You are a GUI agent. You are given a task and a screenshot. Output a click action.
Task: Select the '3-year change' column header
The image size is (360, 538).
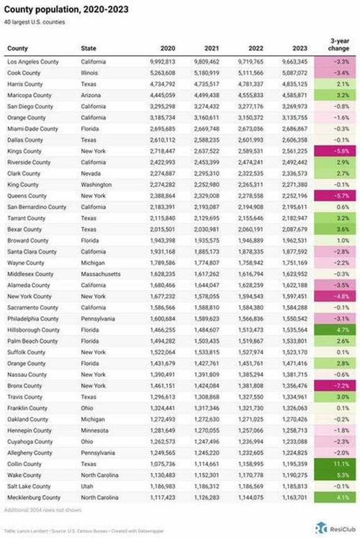coord(339,45)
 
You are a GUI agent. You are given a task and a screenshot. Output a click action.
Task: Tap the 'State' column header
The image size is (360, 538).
coord(89,48)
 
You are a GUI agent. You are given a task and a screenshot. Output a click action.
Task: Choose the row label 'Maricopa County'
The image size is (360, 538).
coord(29,95)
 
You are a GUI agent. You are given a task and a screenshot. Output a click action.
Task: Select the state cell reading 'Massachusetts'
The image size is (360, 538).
coord(101,274)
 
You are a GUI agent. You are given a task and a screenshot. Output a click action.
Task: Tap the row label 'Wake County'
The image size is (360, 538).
coord(24,475)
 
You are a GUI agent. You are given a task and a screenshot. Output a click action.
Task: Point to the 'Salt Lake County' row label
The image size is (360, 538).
coord(29,486)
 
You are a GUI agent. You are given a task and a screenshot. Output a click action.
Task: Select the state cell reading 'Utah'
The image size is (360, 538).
coord(87,486)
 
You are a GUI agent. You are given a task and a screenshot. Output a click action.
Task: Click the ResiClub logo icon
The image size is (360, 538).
coord(320,527)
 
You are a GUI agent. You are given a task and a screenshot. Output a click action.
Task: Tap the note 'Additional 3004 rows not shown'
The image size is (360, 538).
coord(43,510)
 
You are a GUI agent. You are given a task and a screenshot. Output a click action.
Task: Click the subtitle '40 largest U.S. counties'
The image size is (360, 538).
coord(35,22)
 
